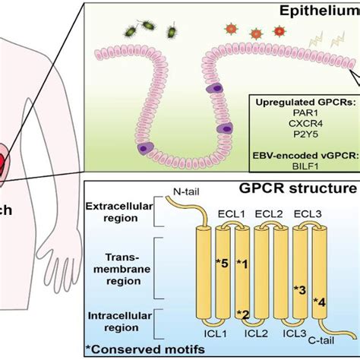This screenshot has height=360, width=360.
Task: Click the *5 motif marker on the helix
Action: pos(223,264)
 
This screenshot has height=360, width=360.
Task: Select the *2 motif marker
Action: pos(245,314)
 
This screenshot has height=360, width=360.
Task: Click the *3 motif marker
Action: pos(300,289)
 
